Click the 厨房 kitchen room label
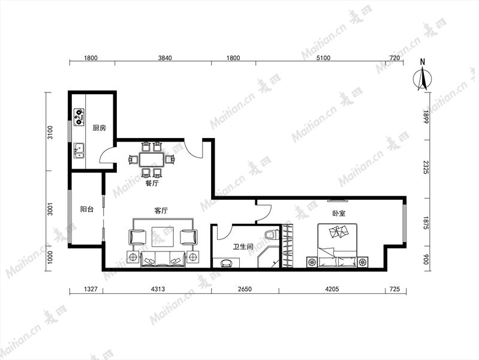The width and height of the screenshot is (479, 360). coord(100,128)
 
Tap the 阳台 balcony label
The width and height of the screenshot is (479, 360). coord(87,209)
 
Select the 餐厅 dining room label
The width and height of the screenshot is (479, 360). coord(152,184)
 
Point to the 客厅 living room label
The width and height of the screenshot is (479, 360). coord(161,211)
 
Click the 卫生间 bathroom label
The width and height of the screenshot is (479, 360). coord(243,246)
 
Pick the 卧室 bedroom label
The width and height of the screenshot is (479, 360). coord(339,213)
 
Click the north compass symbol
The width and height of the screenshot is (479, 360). coord(423,76)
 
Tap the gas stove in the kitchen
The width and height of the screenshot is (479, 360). coord(79,117)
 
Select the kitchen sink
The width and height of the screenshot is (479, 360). coord(79,150)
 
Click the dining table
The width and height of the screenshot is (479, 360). coord(152,160)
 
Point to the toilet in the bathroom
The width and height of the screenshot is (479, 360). coord(272,235)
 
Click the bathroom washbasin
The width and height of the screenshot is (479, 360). coord(226,263)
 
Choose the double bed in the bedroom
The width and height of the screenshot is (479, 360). coord(338,245)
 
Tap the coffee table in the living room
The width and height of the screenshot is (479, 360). coord(162,236)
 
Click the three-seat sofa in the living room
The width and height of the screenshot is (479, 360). coord(163,259)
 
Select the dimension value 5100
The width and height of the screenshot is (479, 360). coord(323,58)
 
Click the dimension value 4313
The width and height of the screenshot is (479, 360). coord(158,289)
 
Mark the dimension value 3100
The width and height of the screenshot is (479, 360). coord(50,132)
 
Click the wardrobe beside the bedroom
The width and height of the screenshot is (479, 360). coord(287,246)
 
